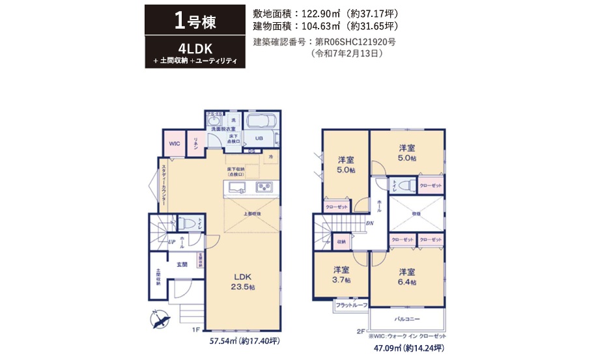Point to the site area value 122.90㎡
tap(324, 13)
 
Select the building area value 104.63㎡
tap(324, 27)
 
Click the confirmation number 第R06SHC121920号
tap(355, 42)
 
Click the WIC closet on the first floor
tap(174, 144)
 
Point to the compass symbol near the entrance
tap(160, 320)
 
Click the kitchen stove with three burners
tap(264, 187)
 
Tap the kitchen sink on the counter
tap(235, 188)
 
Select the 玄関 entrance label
tap(182, 264)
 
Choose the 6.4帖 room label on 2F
tap(407, 276)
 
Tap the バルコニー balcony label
tap(407, 320)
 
